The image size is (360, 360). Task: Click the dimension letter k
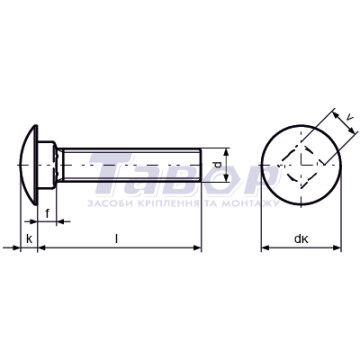(29, 239)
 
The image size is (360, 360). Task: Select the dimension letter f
(47, 213)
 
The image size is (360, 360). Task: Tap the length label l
(116, 239)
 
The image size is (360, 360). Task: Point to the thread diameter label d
(218, 165)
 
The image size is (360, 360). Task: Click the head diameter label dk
(301, 239)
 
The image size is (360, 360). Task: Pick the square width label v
(349, 117)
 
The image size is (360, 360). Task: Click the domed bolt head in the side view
(29, 165)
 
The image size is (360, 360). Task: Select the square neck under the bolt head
(47, 165)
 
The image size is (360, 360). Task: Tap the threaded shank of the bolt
(129, 165)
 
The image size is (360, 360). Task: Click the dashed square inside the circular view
(301, 165)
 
